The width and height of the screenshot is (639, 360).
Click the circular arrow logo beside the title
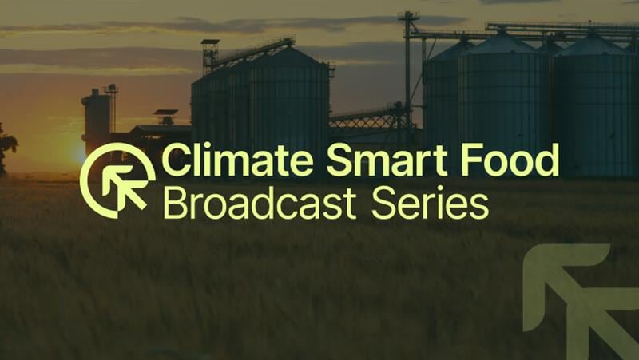(x=117, y=180)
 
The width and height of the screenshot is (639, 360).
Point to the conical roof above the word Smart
(x=288, y=58)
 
